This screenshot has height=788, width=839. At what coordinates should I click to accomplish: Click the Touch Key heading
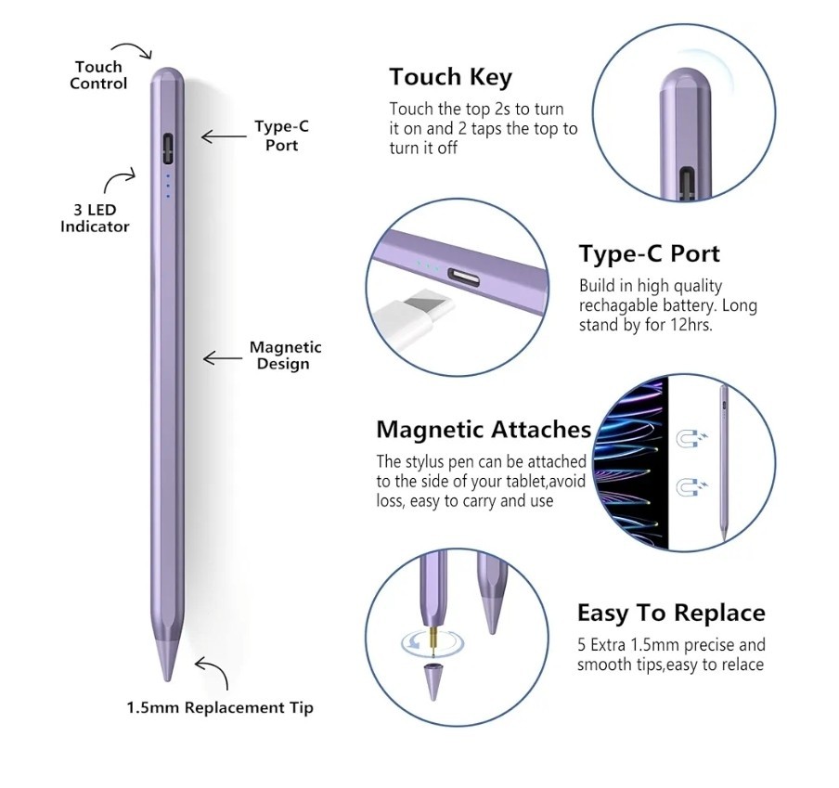(x=450, y=76)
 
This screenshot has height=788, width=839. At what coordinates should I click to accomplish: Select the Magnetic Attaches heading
(x=484, y=430)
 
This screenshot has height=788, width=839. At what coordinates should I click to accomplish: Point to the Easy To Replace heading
(x=671, y=613)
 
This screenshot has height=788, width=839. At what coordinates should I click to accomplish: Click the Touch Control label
(x=98, y=75)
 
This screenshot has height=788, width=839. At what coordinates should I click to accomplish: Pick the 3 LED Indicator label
(x=95, y=218)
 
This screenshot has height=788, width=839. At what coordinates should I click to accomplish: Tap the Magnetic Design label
(x=285, y=355)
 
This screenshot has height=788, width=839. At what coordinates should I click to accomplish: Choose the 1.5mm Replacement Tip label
(x=220, y=708)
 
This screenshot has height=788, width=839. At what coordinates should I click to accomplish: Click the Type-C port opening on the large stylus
(x=168, y=147)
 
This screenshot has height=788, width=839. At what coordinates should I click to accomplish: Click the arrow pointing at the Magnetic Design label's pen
(x=221, y=357)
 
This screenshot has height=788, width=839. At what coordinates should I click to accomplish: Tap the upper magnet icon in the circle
(x=690, y=439)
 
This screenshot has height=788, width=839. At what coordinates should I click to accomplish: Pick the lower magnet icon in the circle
(x=690, y=485)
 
